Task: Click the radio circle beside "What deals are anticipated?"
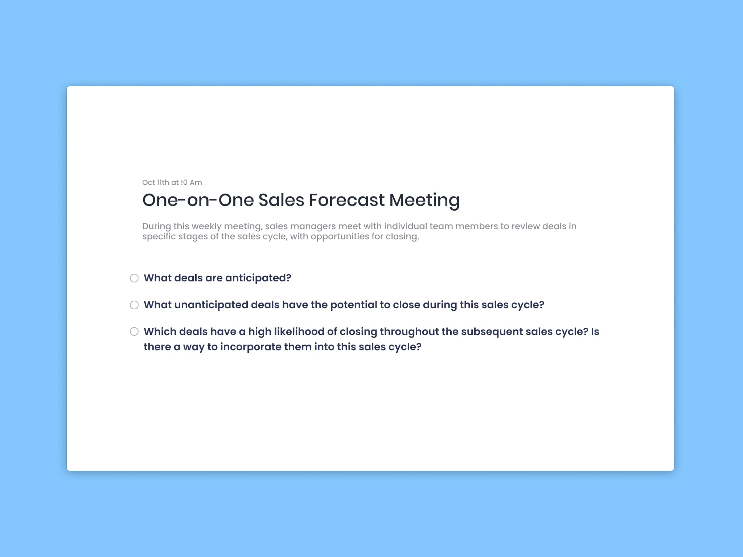coord(134,278)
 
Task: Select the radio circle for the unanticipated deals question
coord(134,305)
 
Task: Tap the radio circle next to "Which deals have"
coord(134,331)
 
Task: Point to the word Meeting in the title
coord(424,200)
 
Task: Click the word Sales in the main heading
coord(281,200)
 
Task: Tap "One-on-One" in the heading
coord(198,200)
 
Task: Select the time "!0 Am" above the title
coord(191,182)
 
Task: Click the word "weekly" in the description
coord(206,226)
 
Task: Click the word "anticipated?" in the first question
coord(258,278)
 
